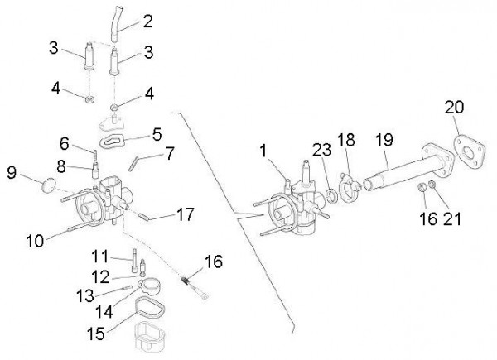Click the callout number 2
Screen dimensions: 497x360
(x=147, y=22)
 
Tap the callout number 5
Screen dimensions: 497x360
(x=157, y=134)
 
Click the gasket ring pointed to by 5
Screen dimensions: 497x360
(x=112, y=140)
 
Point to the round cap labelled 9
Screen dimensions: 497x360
(x=49, y=185)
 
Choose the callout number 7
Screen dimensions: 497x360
(x=170, y=154)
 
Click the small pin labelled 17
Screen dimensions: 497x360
(x=143, y=217)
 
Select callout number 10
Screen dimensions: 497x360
(x=35, y=241)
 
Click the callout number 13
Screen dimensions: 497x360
(x=85, y=295)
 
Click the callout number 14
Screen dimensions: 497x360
(x=104, y=311)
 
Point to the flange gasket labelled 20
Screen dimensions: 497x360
(x=469, y=152)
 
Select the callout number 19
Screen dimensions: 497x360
(x=384, y=140)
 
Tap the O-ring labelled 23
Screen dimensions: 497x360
(x=331, y=196)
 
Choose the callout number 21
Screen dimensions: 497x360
(x=451, y=218)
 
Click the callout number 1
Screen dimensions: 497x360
(x=263, y=151)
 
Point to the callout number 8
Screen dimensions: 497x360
(x=61, y=166)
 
